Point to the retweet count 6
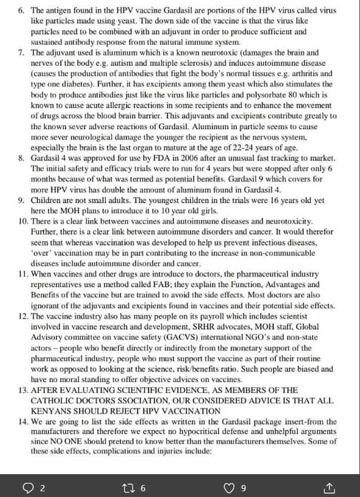(x=143, y=488)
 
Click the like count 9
(x=243, y=488)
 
